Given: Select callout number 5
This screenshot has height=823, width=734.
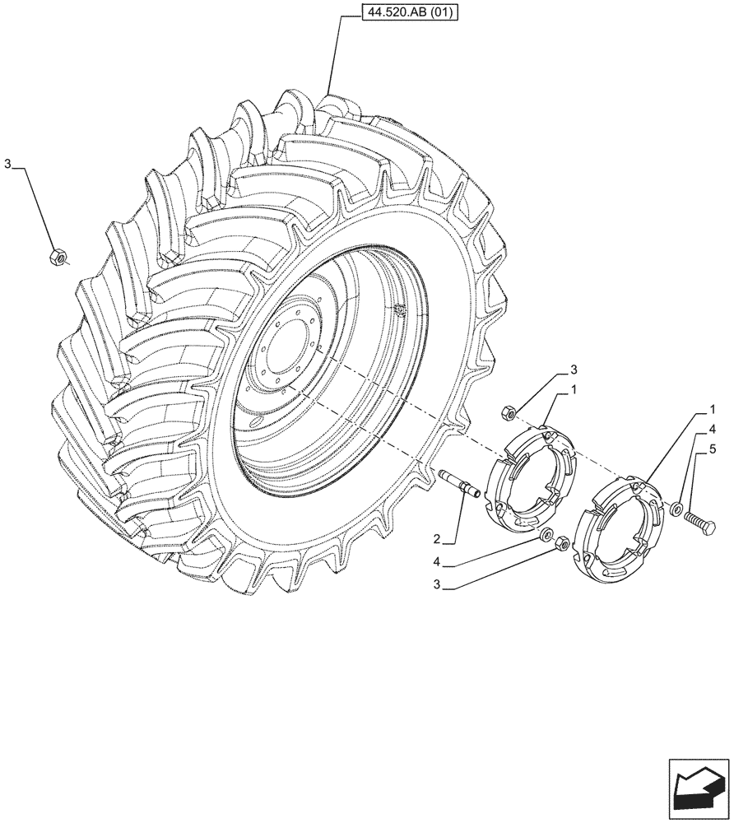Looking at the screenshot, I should (712, 449).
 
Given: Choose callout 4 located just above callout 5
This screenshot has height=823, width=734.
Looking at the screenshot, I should (712, 429).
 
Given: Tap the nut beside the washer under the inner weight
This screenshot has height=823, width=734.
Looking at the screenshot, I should (562, 544).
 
